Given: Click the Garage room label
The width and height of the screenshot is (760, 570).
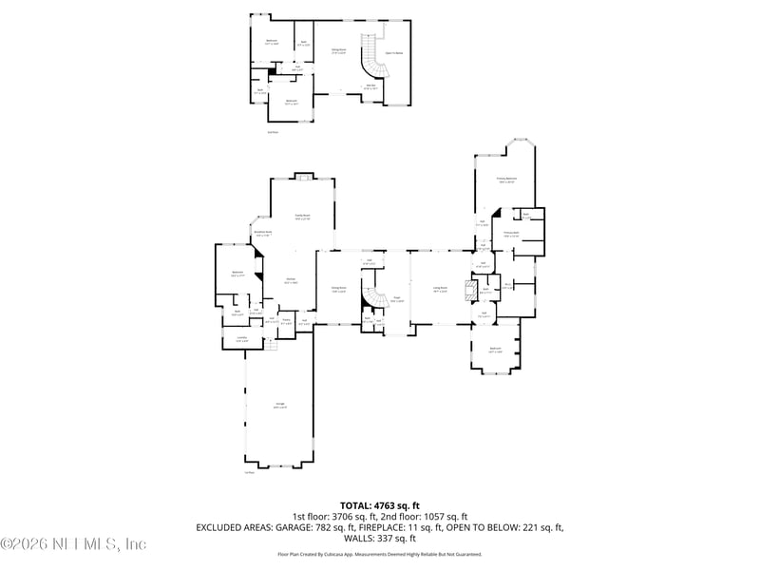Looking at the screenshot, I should click(281, 406).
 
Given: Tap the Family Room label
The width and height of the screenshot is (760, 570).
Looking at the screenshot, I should click(303, 218).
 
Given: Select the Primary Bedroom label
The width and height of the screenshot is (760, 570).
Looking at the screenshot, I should click(506, 180).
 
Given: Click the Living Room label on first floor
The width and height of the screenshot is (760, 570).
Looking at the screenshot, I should click(441, 289).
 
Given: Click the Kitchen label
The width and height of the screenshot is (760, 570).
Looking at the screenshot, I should click(292, 281).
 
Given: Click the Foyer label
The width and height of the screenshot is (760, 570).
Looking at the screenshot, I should click(397, 299).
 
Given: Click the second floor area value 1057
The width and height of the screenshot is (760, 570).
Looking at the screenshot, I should click(447, 516).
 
